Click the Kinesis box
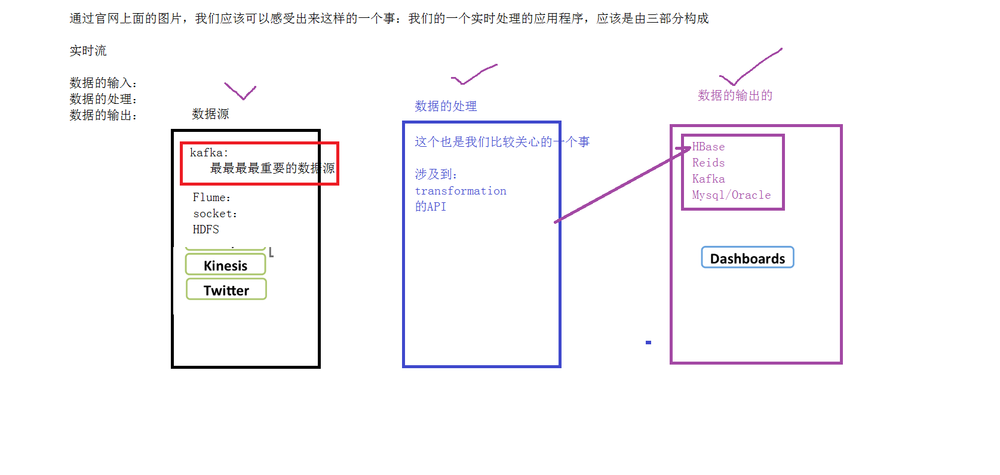pos(225,265)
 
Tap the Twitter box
pos(226,289)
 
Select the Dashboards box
pos(747,257)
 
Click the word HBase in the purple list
pos(708,147)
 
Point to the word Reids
pos(708,163)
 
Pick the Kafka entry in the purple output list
pos(708,179)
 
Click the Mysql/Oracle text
pos(731,195)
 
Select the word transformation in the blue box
pos(460,191)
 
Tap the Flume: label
pos(211,197)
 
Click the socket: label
pos(215,214)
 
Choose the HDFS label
pos(206,229)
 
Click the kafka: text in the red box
pos(209,153)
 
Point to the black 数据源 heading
pos(210,114)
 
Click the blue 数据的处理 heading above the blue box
pos(446,106)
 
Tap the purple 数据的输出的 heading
pos(735,95)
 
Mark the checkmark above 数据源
pos(240,91)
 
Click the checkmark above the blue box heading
pos(474,75)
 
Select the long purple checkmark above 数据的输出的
pos(751,67)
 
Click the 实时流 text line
pos(88,51)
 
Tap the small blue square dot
pos(648,343)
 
